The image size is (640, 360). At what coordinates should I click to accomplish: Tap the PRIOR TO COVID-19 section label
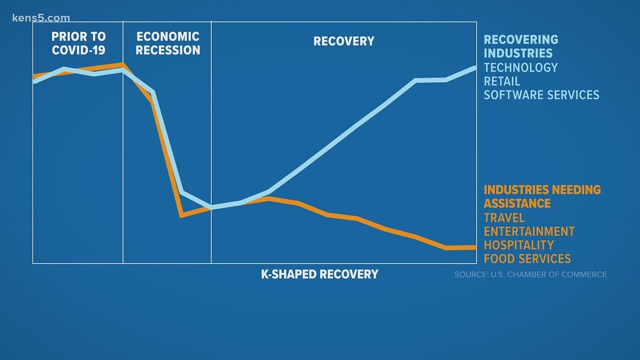click(x=79, y=43)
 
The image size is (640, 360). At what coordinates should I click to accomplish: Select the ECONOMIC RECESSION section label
click(x=168, y=43)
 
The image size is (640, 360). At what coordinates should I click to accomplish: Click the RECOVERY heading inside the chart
click(x=344, y=41)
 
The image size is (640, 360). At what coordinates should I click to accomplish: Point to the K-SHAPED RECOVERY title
click(x=320, y=274)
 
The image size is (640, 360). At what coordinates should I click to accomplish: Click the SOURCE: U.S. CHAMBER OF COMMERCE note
click(x=530, y=275)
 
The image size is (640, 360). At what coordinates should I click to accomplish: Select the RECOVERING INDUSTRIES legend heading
click(x=521, y=46)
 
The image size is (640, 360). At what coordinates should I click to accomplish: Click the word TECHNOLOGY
click(x=521, y=68)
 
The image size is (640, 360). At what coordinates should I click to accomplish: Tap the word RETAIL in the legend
click(x=502, y=81)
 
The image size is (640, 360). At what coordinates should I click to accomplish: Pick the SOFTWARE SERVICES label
click(x=541, y=95)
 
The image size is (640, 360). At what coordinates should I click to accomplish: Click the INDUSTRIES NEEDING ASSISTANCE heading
click(x=542, y=196)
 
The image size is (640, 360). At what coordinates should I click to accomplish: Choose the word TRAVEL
click(x=504, y=218)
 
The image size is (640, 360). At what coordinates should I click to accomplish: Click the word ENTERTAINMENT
click(x=529, y=232)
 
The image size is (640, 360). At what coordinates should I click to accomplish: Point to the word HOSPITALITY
click(x=518, y=245)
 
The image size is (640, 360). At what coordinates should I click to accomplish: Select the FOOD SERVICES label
click(x=527, y=259)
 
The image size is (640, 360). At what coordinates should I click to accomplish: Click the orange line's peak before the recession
click(x=122, y=64)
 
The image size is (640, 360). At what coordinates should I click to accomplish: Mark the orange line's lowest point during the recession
click(x=182, y=215)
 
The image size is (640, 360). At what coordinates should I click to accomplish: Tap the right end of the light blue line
click(x=475, y=68)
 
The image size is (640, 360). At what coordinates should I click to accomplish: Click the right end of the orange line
click(x=475, y=248)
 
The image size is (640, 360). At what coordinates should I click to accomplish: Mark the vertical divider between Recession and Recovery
click(x=211, y=146)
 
